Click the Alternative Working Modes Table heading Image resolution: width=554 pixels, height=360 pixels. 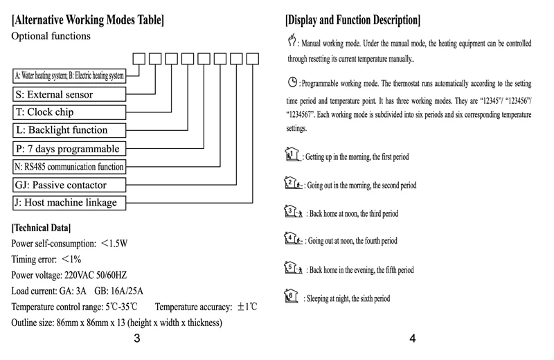88,19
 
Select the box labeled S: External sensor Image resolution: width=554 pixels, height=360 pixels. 69,93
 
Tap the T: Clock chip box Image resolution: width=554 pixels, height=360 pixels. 69,111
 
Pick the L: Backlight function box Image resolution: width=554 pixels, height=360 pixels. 69,129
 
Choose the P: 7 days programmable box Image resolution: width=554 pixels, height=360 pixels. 69,148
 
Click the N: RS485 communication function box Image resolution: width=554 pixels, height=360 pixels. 69,166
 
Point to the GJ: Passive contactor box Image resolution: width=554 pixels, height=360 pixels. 69,184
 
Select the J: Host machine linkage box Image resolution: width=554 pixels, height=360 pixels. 69,202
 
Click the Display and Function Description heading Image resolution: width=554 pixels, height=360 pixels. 352,19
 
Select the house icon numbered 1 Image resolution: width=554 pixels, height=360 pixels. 292,154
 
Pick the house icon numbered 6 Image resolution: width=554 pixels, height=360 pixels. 292,296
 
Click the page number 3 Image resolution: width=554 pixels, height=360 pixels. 137,339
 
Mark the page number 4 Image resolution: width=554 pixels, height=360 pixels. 412,339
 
